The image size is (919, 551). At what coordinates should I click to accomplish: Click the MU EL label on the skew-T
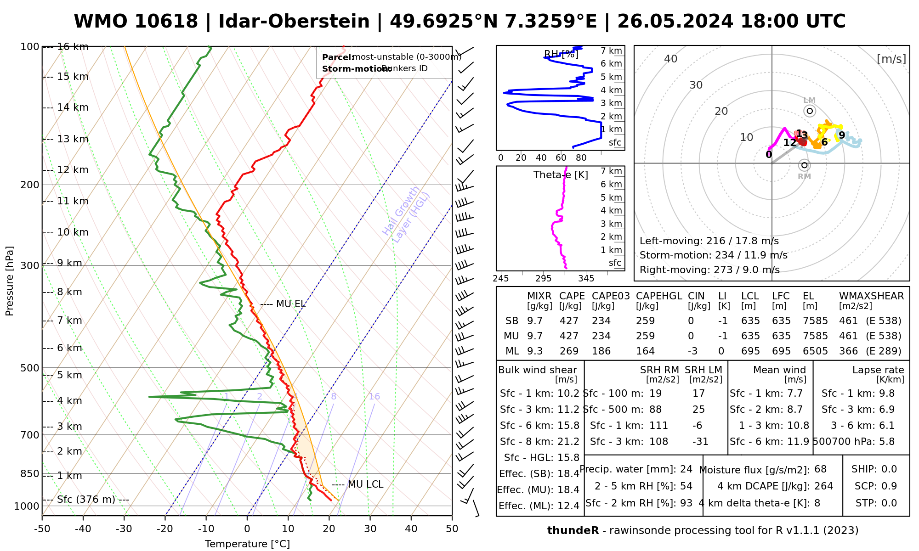(291, 304)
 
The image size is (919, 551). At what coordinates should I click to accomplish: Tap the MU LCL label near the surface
(365, 484)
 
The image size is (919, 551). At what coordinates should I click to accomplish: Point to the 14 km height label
(73, 107)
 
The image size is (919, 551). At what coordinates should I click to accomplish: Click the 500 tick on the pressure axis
(31, 368)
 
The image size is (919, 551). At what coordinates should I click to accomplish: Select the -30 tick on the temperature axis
(124, 529)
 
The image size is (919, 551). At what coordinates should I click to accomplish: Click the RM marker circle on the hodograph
(804, 165)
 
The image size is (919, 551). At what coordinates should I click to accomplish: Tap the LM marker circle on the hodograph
(810, 111)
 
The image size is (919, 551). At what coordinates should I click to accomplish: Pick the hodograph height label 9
(842, 135)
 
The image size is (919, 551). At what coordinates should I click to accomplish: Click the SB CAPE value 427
(569, 321)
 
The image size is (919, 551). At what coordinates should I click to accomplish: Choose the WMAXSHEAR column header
(871, 296)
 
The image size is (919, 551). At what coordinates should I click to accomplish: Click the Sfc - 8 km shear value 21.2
(568, 442)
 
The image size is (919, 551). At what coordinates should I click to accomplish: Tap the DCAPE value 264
(823, 486)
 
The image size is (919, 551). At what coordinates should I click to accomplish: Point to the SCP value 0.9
(889, 486)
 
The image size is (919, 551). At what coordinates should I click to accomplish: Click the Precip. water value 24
(686, 469)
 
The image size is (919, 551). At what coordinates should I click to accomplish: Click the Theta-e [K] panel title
(561, 175)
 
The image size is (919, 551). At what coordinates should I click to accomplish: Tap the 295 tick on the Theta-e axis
(543, 279)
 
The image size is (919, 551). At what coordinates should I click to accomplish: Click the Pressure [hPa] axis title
(10, 281)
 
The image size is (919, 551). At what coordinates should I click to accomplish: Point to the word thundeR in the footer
(573, 531)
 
